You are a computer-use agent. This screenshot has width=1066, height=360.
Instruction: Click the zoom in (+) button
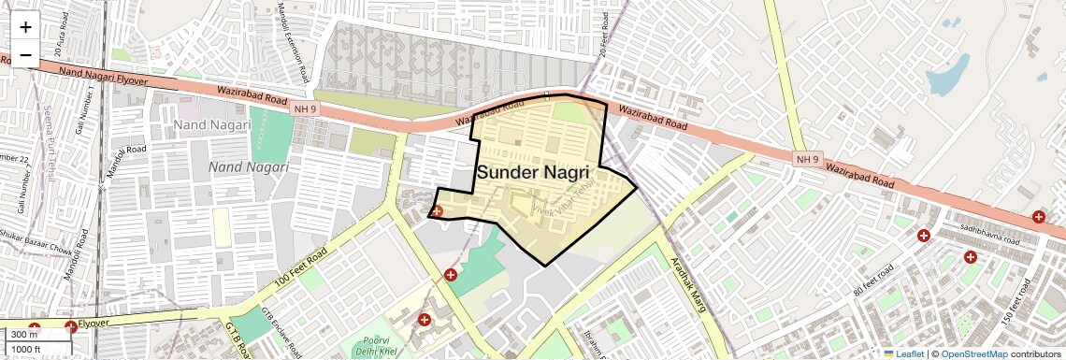click(x=25, y=26)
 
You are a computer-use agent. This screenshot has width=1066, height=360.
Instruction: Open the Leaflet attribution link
click(x=903, y=353)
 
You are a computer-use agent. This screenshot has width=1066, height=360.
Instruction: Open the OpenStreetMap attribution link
click(x=973, y=353)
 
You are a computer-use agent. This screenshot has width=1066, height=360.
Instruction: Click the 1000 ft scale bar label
click(x=26, y=349)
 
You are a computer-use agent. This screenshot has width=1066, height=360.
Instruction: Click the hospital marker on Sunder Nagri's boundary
click(x=437, y=211)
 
